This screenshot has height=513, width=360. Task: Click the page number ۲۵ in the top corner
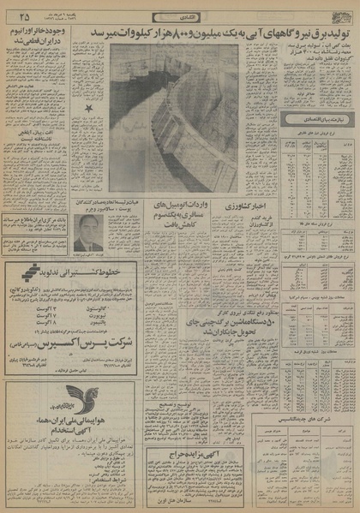coord(23,15)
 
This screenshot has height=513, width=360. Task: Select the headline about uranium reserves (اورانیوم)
coord(43,37)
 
